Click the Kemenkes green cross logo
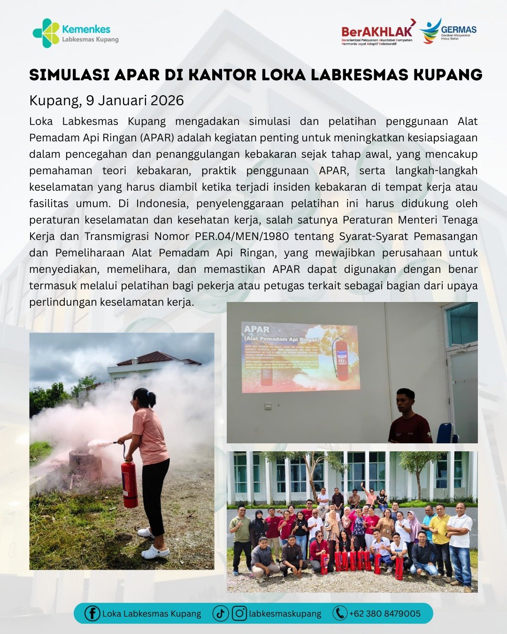pyautogui.click(x=46, y=33)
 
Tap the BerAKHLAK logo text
pyautogui.click(x=377, y=31)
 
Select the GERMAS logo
pyautogui.click(x=448, y=31)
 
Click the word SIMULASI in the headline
pyautogui.click(x=69, y=75)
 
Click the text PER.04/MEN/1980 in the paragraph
pyautogui.click(x=242, y=236)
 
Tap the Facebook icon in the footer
pyautogui.click(x=92, y=613)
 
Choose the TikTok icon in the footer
pyautogui.click(x=220, y=613)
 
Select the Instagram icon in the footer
pyautogui.click(x=239, y=613)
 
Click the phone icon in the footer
pyautogui.click(x=339, y=613)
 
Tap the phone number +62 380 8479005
pyautogui.click(x=385, y=613)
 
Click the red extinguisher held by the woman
pyautogui.click(x=129, y=484)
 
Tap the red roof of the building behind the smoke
pyautogui.click(x=155, y=358)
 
